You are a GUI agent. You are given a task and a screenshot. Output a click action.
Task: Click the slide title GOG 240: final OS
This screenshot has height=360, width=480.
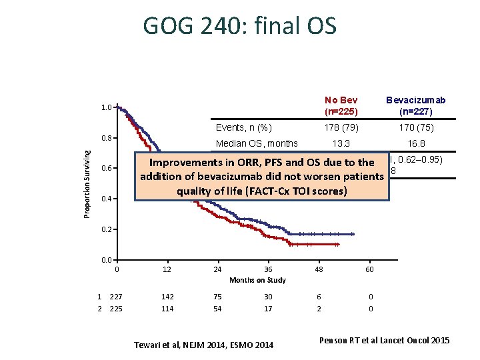239,26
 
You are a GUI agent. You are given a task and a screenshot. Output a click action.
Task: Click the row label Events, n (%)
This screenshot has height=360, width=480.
243,127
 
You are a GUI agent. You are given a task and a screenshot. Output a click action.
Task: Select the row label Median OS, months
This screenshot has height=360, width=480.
257,143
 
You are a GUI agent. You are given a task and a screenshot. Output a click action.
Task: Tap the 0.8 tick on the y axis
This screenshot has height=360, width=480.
106,138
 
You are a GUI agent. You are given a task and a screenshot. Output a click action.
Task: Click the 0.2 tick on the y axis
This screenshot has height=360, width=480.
106,230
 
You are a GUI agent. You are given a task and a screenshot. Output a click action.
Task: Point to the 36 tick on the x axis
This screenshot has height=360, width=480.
268,269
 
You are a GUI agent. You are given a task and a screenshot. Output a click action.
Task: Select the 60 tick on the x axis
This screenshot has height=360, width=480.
369,269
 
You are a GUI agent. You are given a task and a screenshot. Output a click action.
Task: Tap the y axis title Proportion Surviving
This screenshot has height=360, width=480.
87,183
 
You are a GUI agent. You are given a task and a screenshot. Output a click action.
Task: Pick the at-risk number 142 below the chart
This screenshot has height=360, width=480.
167,297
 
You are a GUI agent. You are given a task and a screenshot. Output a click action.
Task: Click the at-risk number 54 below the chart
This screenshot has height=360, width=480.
217,309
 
